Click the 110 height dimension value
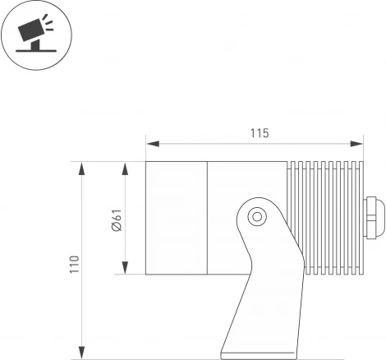pos(75,263)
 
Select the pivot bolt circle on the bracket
pos(258,216)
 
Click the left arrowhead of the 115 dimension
pos(150,145)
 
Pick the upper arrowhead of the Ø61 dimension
pos(125,167)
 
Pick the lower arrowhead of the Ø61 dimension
pos(125,270)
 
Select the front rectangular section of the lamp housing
pos(176,217)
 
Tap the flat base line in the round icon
pos(37,52)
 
